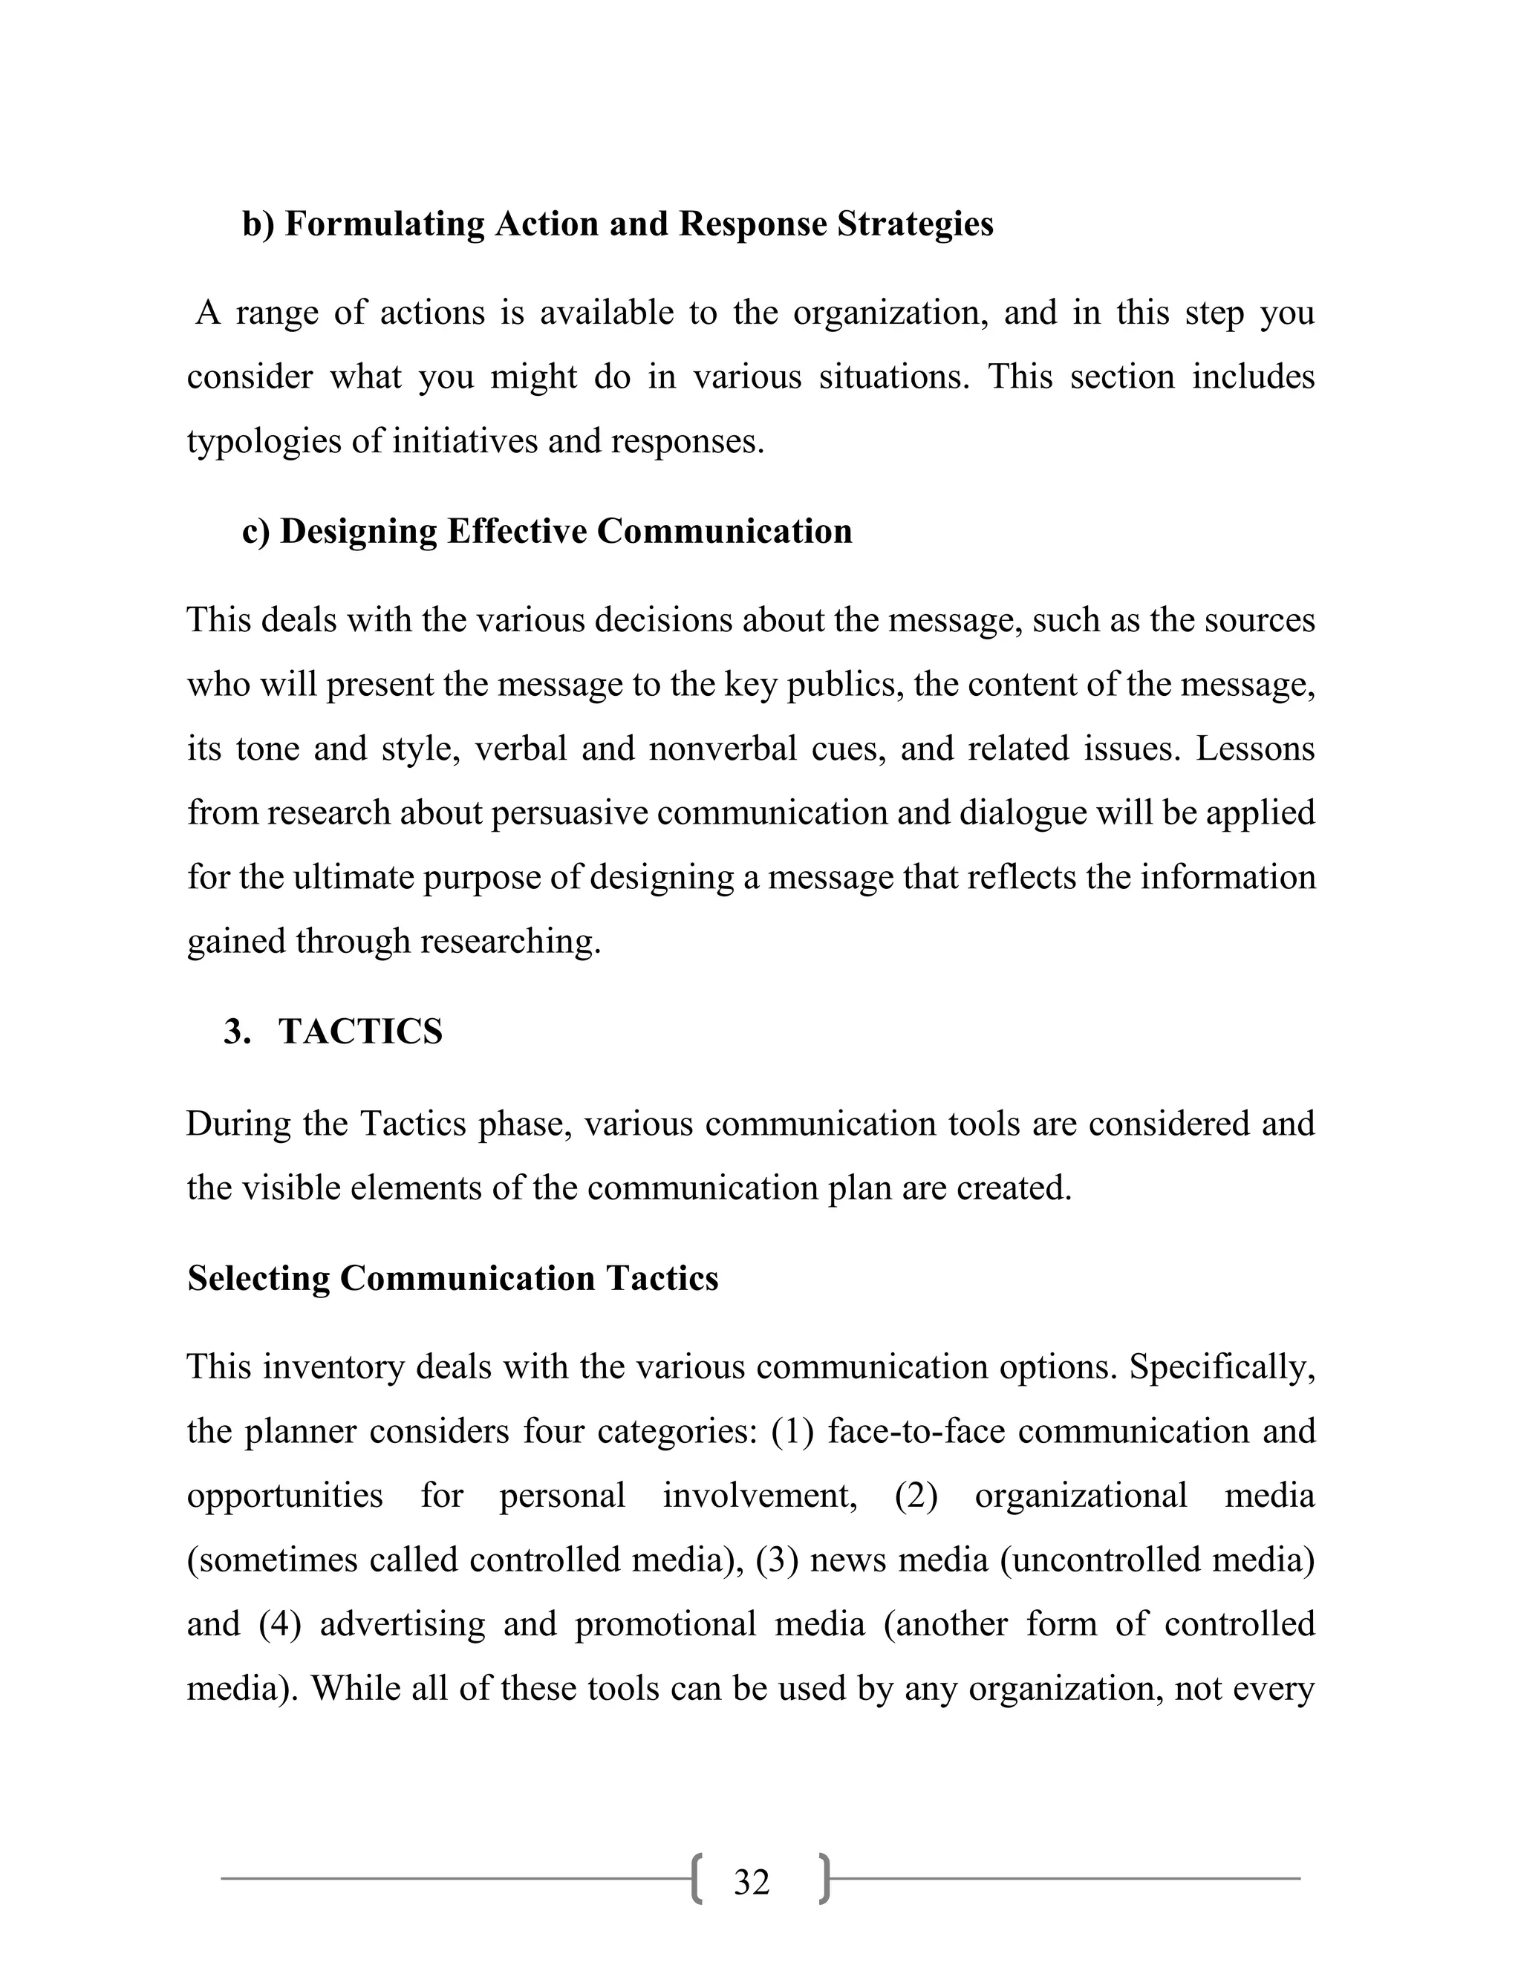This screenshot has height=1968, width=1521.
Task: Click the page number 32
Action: (752, 1883)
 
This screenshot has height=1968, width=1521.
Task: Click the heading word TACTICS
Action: (360, 1032)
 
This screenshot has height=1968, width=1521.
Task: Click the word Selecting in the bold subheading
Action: (258, 1279)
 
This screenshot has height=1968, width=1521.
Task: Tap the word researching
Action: (510, 942)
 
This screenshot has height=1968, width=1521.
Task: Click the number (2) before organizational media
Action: (916, 1496)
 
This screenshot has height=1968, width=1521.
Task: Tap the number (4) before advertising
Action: (279, 1623)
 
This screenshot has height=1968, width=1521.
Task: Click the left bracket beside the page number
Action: (697, 1880)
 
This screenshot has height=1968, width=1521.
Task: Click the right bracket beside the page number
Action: (824, 1880)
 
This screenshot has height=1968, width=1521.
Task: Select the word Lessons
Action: (1255, 749)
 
